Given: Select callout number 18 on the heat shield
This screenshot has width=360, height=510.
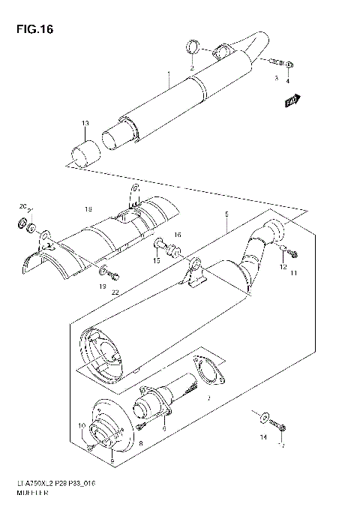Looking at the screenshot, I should coord(88,208).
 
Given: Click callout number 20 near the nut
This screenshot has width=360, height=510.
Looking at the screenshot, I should coord(22,206).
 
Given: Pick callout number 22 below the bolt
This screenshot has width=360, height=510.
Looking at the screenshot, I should coord(115,292).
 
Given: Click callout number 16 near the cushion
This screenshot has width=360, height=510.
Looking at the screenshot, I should coord(178,235).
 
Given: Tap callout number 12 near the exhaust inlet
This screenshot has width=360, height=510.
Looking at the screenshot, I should coord(283,266).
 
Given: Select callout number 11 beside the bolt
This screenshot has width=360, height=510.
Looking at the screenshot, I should coord(295,274).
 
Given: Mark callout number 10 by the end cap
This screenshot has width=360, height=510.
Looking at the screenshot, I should coord(82,425).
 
